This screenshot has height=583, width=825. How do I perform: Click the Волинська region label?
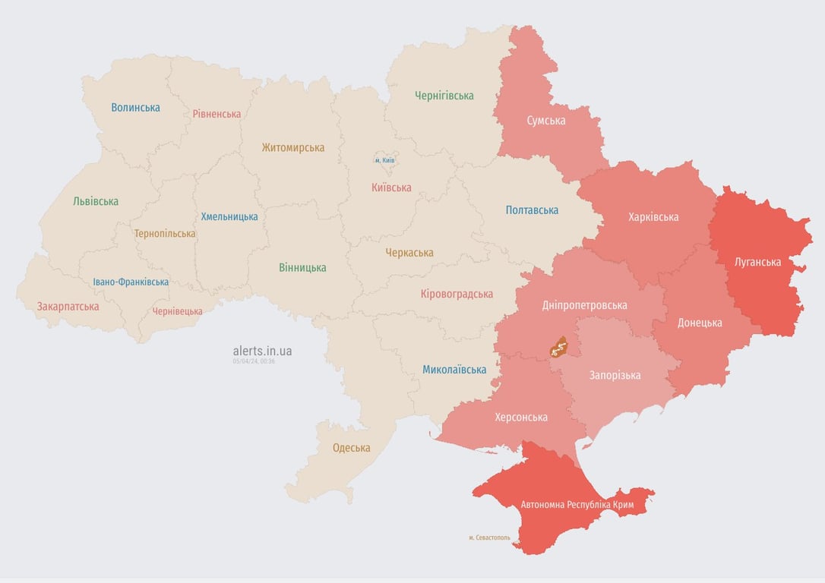click(135, 108)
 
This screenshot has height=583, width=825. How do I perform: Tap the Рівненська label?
click(217, 114)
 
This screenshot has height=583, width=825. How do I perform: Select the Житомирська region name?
click(293, 148)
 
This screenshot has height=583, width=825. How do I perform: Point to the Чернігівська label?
click(444, 96)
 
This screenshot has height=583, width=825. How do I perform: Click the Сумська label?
click(546, 120)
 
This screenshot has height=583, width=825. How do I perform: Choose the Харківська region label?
click(653, 217)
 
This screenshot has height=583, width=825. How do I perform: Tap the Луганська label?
click(757, 262)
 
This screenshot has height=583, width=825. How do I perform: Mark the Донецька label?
click(700, 323)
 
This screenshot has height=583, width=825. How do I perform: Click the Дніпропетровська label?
click(585, 305)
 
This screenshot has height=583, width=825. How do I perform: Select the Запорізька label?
click(615, 375)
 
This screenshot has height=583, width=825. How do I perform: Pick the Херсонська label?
click(521, 417)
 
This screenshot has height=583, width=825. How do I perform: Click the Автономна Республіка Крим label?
click(577, 505)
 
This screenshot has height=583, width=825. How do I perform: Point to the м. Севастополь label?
click(489, 537)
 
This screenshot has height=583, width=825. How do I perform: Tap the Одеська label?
click(352, 448)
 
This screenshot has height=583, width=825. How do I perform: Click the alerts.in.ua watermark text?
click(262, 351)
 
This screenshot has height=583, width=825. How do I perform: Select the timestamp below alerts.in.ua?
click(254, 361)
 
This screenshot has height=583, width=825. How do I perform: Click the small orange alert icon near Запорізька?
click(559, 348)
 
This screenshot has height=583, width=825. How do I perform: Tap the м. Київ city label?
click(385, 160)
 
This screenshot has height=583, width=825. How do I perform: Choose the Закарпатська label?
click(68, 307)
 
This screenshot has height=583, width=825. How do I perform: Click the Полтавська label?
click(532, 210)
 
